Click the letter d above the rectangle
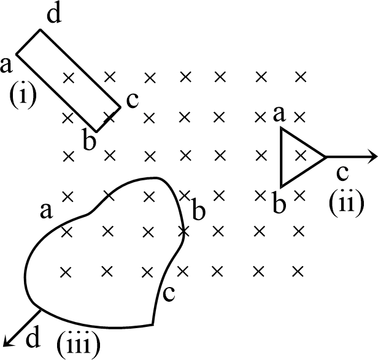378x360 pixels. pyautogui.click(x=54, y=16)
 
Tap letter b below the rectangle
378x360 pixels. pyautogui.click(x=89, y=141)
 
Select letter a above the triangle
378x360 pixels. pyautogui.click(x=279, y=113)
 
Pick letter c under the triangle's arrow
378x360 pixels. pyautogui.click(x=342, y=174)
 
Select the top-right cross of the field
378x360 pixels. pyautogui.click(x=300, y=77)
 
